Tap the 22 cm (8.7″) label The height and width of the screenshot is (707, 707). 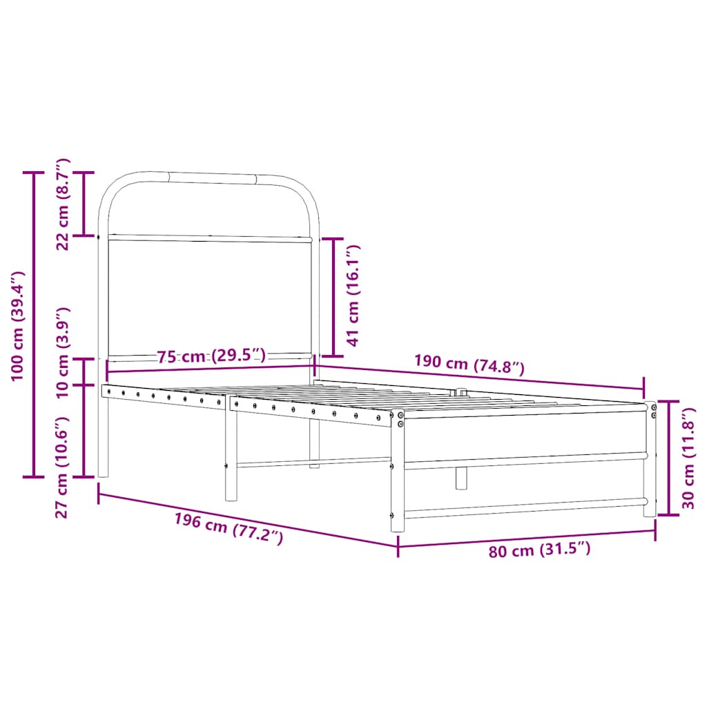point(62,204)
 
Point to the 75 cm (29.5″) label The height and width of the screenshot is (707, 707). point(211,356)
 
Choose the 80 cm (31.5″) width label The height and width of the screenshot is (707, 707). point(540,550)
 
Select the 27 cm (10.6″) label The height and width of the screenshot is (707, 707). point(62,466)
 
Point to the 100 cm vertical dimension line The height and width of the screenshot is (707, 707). point(34,325)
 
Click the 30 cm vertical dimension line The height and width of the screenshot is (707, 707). point(668,457)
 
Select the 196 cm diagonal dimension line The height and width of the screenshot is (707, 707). point(249,520)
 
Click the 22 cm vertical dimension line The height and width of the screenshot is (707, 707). point(84,204)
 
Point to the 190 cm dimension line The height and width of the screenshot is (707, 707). point(483,377)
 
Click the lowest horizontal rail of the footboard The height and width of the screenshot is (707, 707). point(525,509)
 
